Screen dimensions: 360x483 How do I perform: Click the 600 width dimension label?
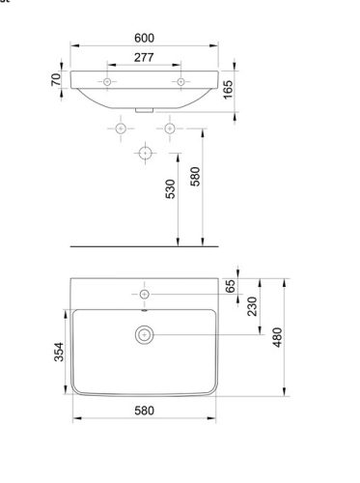click(144, 38)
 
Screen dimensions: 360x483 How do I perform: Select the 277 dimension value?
click(144, 58)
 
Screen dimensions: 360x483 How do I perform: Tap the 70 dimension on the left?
click(56, 79)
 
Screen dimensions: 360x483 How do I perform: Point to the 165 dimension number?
click(228, 90)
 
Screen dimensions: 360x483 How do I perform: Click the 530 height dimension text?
click(170, 189)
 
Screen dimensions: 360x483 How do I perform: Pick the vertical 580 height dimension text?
click(195, 177)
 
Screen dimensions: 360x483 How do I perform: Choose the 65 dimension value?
click(231, 286)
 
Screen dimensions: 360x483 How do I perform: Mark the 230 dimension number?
click(253, 306)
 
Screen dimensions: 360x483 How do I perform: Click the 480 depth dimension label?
click(277, 337)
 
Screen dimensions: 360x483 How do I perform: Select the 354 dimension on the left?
click(59, 352)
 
